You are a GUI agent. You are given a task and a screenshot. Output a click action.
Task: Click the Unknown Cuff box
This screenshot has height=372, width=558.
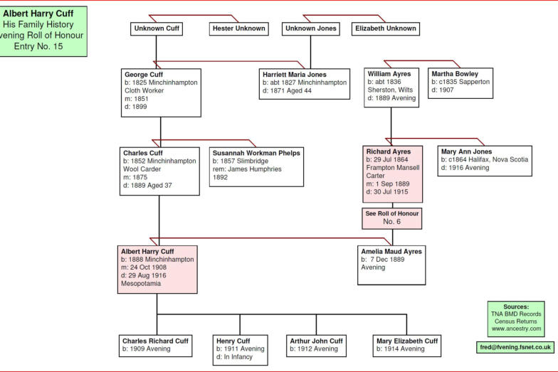pos(157,29)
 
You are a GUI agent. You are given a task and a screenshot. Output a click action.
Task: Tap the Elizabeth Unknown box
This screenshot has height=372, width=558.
pos(386,29)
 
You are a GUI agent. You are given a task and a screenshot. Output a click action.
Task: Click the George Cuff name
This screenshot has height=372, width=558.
pos(144,74)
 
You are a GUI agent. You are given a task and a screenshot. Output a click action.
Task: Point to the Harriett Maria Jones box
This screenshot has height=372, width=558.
pos(305,84)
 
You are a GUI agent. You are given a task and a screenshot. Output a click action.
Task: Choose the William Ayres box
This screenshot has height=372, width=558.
pos(391,87)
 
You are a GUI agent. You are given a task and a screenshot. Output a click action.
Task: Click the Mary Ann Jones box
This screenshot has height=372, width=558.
pos(485,161)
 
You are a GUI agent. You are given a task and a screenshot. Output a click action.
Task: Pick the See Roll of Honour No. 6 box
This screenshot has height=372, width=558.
pos(392,217)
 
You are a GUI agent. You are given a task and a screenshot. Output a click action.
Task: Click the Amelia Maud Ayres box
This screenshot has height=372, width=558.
pos(391,265)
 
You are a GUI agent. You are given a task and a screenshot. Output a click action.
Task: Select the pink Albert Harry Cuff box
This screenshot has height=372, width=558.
pos(157,269)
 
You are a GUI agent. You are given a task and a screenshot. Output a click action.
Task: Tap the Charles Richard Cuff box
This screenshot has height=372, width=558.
pos(155,345)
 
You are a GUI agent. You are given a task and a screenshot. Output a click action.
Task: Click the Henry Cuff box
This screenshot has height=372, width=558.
pos(241,349)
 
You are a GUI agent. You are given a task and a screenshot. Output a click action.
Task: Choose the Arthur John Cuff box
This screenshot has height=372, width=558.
pos(317,345)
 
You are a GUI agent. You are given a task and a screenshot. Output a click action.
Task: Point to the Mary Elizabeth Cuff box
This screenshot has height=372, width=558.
pos(406,345)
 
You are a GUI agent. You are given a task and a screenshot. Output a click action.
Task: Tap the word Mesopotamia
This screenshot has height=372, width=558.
pos(141,283)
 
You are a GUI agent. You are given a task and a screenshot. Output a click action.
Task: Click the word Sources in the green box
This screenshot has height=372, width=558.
pos(516,307)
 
